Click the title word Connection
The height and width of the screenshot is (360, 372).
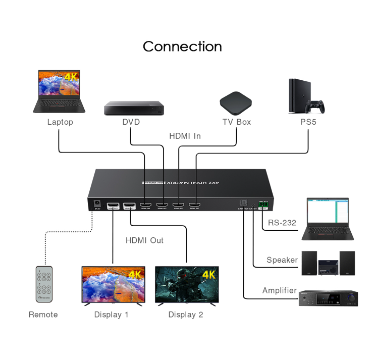[182, 46]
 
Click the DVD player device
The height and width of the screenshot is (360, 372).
[135, 108]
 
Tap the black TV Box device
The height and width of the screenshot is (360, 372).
[236, 104]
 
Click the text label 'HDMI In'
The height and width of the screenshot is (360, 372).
[185, 136]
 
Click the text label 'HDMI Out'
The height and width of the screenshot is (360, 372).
[144, 240]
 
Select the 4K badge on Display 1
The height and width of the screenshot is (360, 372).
[135, 274]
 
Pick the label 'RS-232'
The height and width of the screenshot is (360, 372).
[282, 223]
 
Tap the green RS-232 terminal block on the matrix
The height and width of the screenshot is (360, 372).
[263, 205]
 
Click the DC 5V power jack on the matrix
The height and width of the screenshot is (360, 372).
[97, 203]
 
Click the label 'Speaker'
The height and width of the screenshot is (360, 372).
[282, 260]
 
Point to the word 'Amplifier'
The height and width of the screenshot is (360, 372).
[279, 290]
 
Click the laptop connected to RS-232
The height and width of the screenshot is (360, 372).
[328, 219]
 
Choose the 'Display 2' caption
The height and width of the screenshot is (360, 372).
[186, 315]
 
